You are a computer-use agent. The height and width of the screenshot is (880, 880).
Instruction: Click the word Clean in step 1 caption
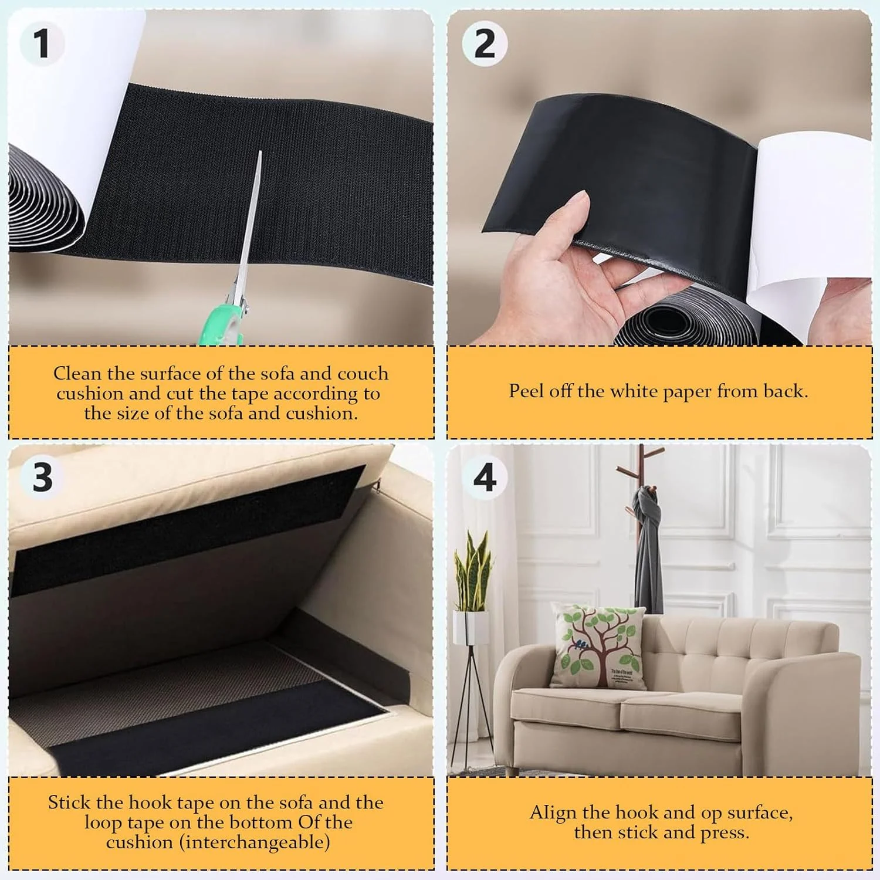77,373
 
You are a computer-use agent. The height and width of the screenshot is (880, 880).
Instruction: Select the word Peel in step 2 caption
526,391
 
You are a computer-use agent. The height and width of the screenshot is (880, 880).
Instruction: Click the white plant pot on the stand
471,627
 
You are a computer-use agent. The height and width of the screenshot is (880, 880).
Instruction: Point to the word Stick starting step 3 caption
69,803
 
